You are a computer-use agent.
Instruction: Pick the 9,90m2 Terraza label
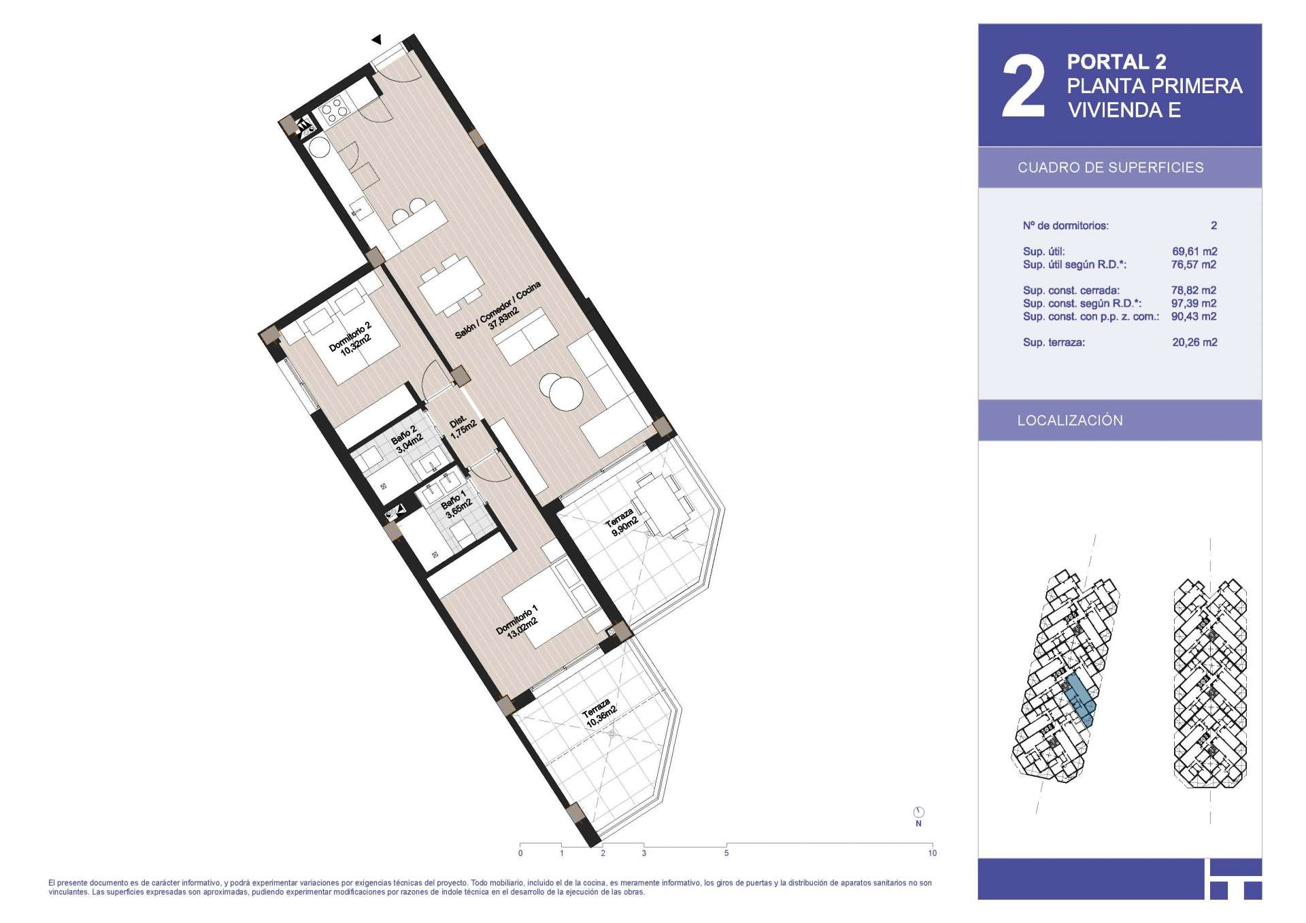622,522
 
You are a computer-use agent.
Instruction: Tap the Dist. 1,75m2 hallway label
461,426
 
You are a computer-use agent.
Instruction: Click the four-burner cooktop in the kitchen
334,111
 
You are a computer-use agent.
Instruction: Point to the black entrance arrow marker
376,40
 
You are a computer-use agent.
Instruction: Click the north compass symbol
918,812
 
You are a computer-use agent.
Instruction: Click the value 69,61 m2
1194,252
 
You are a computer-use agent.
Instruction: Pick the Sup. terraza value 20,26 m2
1194,343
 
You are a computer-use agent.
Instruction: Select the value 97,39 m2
1194,303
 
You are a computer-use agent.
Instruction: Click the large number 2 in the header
1024,86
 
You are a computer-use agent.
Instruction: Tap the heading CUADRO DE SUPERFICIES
1110,168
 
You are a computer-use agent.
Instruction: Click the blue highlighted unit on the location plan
1080,701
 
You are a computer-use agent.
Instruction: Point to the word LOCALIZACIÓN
1070,420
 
